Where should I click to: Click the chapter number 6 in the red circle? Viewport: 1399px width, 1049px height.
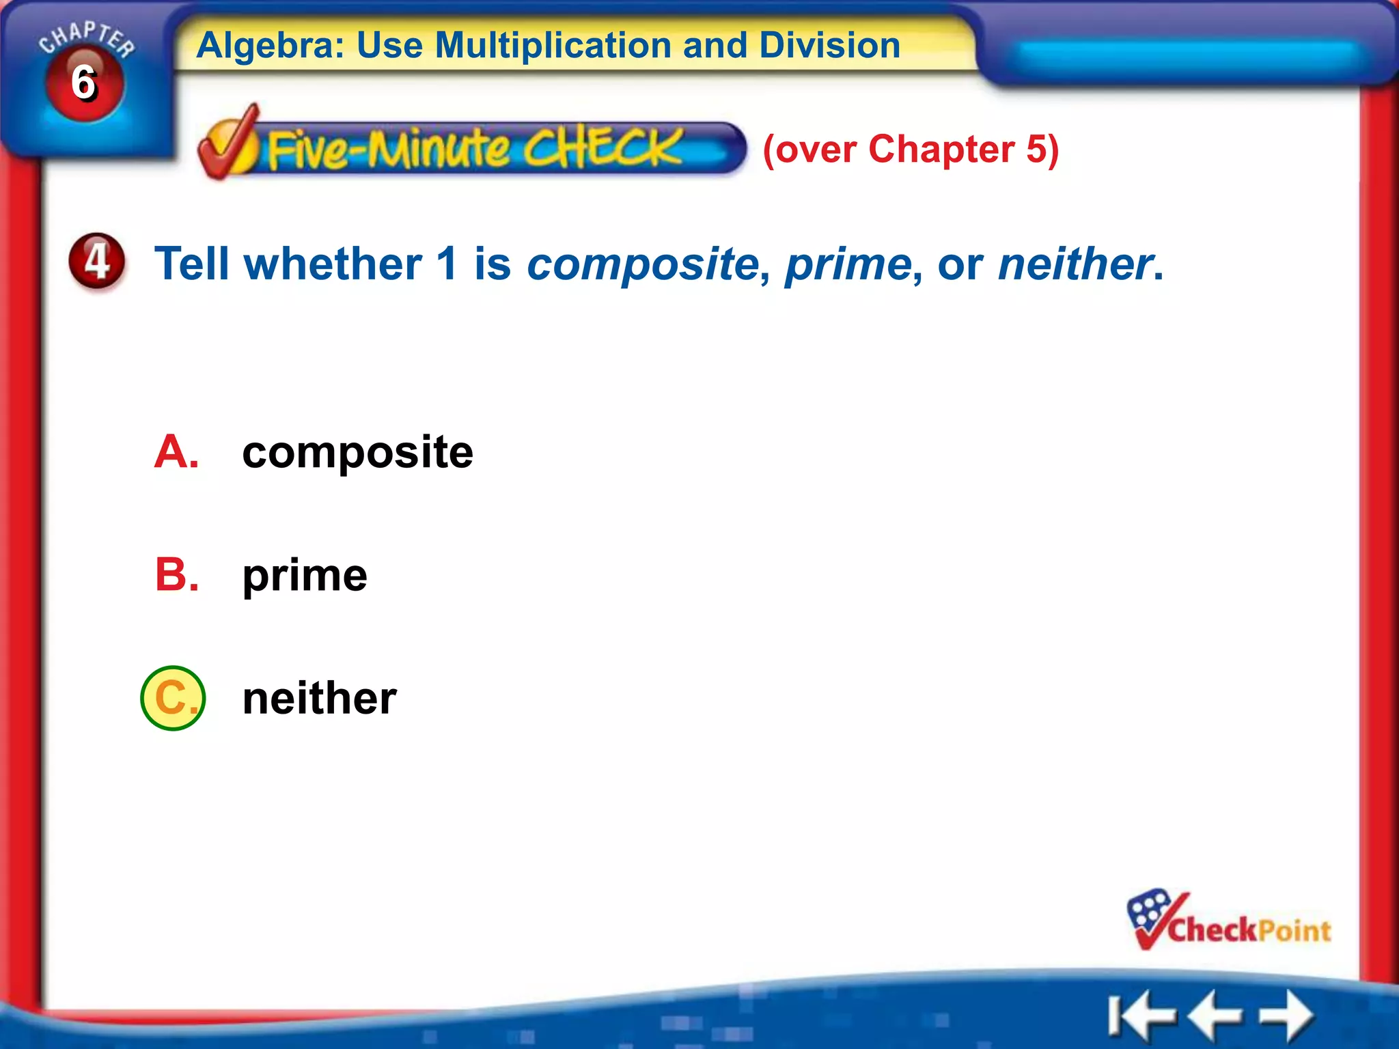click(84, 83)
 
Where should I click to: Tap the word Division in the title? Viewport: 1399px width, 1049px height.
click(829, 46)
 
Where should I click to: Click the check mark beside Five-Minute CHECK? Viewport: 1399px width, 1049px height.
click(230, 143)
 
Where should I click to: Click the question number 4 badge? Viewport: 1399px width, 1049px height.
click(97, 262)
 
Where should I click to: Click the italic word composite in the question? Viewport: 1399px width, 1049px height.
click(642, 264)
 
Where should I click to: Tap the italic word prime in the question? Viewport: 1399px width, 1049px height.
click(848, 264)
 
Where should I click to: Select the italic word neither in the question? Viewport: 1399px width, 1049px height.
click(1075, 264)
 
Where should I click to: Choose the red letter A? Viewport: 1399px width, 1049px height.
click(176, 452)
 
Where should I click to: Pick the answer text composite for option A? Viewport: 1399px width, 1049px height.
click(357, 453)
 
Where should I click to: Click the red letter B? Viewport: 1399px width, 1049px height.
click(176, 575)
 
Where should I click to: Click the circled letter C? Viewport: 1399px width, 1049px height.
click(173, 698)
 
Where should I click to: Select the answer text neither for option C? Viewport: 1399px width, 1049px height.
click(319, 699)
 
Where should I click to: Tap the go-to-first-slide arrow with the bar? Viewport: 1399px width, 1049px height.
click(1139, 1016)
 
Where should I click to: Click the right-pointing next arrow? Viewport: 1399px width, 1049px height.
click(1287, 1015)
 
